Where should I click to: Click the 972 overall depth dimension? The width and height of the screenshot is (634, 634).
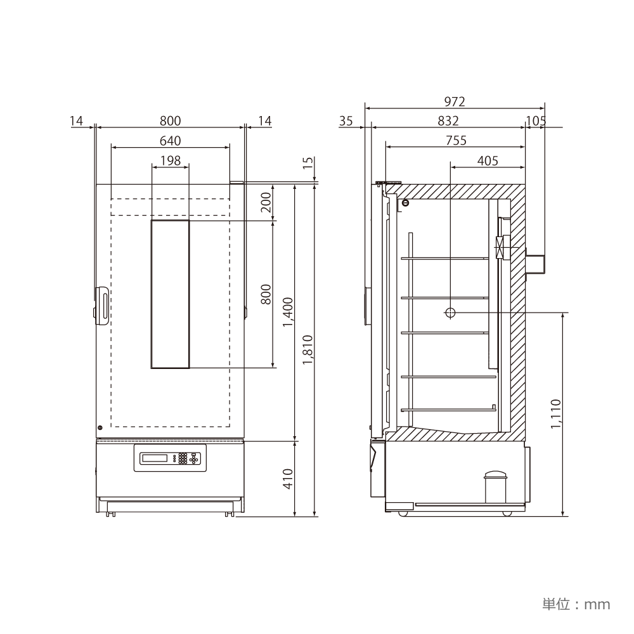pyautogui.click(x=455, y=101)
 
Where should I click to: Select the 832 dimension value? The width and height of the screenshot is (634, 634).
pyautogui.click(x=448, y=121)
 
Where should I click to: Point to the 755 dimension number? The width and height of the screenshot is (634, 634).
pyautogui.click(x=456, y=140)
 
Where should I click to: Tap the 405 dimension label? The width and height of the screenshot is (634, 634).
pyautogui.click(x=488, y=160)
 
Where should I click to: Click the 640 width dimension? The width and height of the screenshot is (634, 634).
pyautogui.click(x=170, y=141)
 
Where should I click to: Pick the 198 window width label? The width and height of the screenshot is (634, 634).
pyautogui.click(x=170, y=160)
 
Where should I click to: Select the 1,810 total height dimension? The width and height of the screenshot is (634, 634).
pyautogui.click(x=308, y=350)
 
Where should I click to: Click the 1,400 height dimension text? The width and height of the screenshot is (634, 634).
pyautogui.click(x=288, y=312)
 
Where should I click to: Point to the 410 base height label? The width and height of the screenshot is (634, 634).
pyautogui.click(x=288, y=479)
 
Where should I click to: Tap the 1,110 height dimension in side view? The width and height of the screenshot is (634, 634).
pyautogui.click(x=556, y=414)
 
